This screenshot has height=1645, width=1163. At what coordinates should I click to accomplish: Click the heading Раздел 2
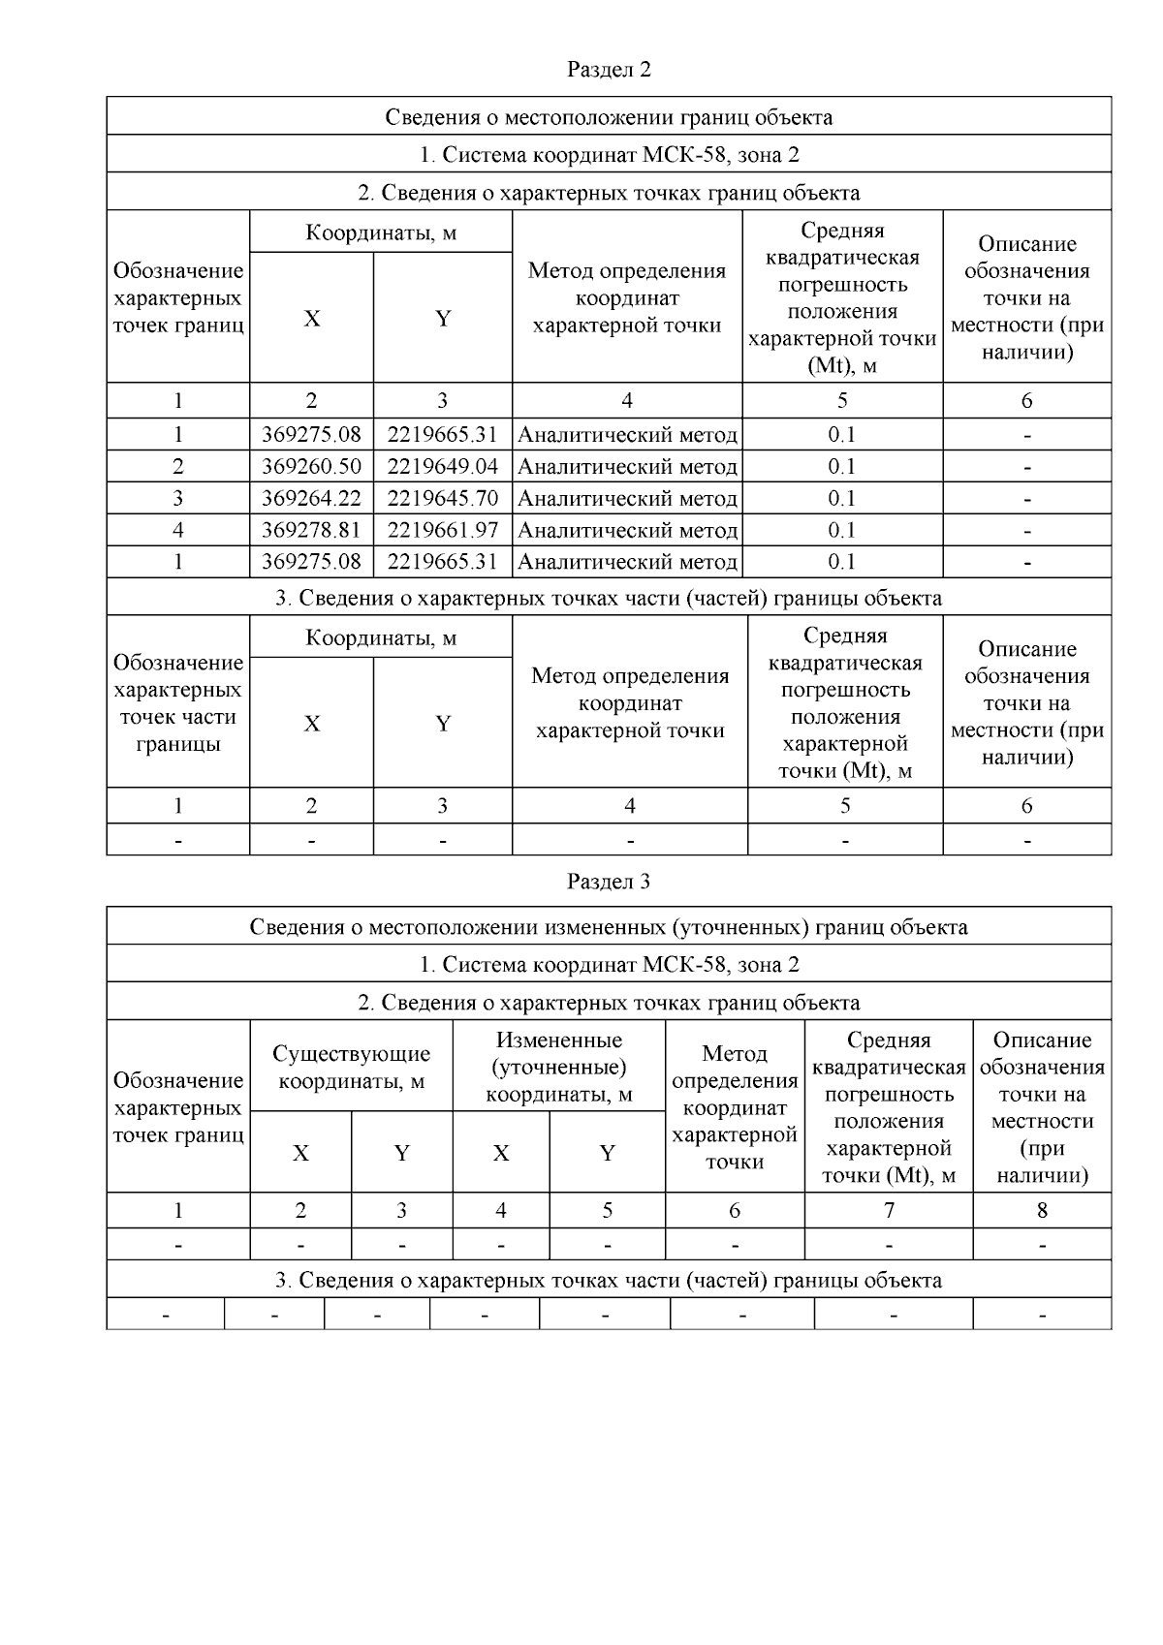pos(608,70)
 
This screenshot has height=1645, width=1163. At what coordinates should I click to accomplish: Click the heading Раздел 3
pos(608,882)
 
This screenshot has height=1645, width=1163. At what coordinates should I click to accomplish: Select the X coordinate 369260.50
pos(311,467)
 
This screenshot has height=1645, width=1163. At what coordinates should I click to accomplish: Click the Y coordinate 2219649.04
pos(442,467)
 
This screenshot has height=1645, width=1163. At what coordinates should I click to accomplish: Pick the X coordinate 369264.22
pos(311,499)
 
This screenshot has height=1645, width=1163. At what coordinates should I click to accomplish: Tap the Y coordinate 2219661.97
pos(442,531)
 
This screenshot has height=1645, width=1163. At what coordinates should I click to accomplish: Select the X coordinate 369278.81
pos(311,531)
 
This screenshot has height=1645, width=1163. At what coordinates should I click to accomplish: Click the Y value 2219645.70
pos(442,499)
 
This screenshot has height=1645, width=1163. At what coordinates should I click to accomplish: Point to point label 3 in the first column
pos(178,499)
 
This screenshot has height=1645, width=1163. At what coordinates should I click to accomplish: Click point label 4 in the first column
pos(178,531)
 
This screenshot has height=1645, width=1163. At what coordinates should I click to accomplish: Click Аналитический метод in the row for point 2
pos(627,467)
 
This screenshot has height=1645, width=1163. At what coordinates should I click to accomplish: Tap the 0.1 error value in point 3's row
pos(841,499)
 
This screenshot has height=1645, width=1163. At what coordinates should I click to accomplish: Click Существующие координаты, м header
pos(351,1068)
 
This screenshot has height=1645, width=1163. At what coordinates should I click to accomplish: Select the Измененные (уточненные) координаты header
pos(558,1068)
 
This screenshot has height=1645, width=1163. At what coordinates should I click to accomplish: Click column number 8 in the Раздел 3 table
pos(1042,1210)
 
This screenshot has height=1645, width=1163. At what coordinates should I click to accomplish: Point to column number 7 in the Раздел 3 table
pos(889,1210)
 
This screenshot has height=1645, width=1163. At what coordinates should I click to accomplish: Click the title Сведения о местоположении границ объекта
pos(608,117)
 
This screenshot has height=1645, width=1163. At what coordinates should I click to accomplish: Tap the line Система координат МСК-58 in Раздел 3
pos(608,965)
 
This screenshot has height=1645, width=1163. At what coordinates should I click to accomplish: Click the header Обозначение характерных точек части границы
pos(178,703)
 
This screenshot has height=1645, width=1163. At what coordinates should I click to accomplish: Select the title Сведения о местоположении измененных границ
pos(608,927)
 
